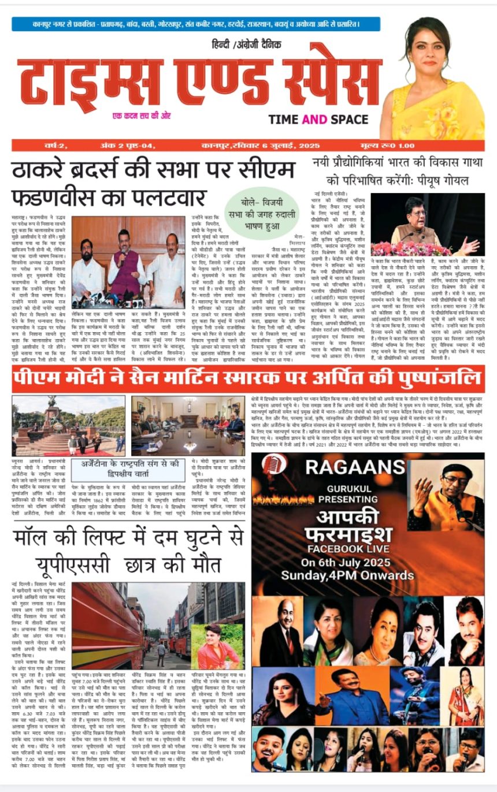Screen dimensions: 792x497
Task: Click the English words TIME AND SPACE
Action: coord(318,120)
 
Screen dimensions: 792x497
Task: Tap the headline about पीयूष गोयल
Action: coord(399,171)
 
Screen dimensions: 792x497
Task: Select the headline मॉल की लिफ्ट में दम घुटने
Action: coord(127,546)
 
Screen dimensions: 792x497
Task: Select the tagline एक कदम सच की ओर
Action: coord(142,116)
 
